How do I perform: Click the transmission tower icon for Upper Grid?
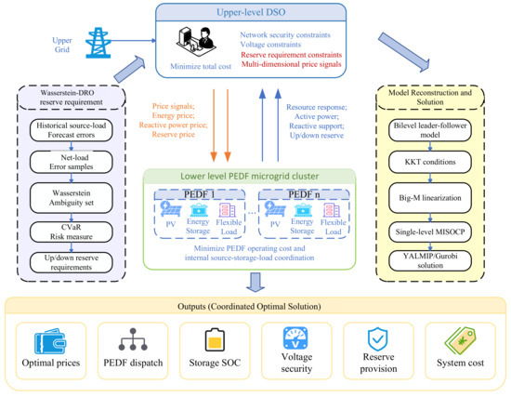click(x=98, y=43)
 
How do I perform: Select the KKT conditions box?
click(x=430, y=162)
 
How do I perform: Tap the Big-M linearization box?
click(x=430, y=198)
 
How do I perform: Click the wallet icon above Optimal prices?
click(x=50, y=341)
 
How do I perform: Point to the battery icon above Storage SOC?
click(x=215, y=339)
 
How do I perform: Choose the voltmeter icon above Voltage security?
click(x=295, y=338)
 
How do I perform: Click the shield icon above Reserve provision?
click(x=377, y=339)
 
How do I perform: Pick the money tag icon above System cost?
click(x=460, y=341)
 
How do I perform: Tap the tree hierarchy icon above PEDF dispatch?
click(x=133, y=339)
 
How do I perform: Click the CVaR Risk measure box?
click(x=71, y=232)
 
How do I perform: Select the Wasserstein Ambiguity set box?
click(x=71, y=198)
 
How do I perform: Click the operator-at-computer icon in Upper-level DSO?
click(x=196, y=43)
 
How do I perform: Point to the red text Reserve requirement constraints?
click(x=292, y=55)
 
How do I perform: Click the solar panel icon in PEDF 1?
click(x=171, y=209)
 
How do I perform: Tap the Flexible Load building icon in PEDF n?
click(x=332, y=210)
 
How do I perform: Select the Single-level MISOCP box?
click(x=430, y=232)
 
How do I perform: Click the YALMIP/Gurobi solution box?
click(x=430, y=260)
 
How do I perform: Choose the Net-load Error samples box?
click(x=71, y=162)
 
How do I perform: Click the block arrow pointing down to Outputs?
click(x=255, y=283)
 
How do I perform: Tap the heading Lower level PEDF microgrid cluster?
click(x=250, y=176)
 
